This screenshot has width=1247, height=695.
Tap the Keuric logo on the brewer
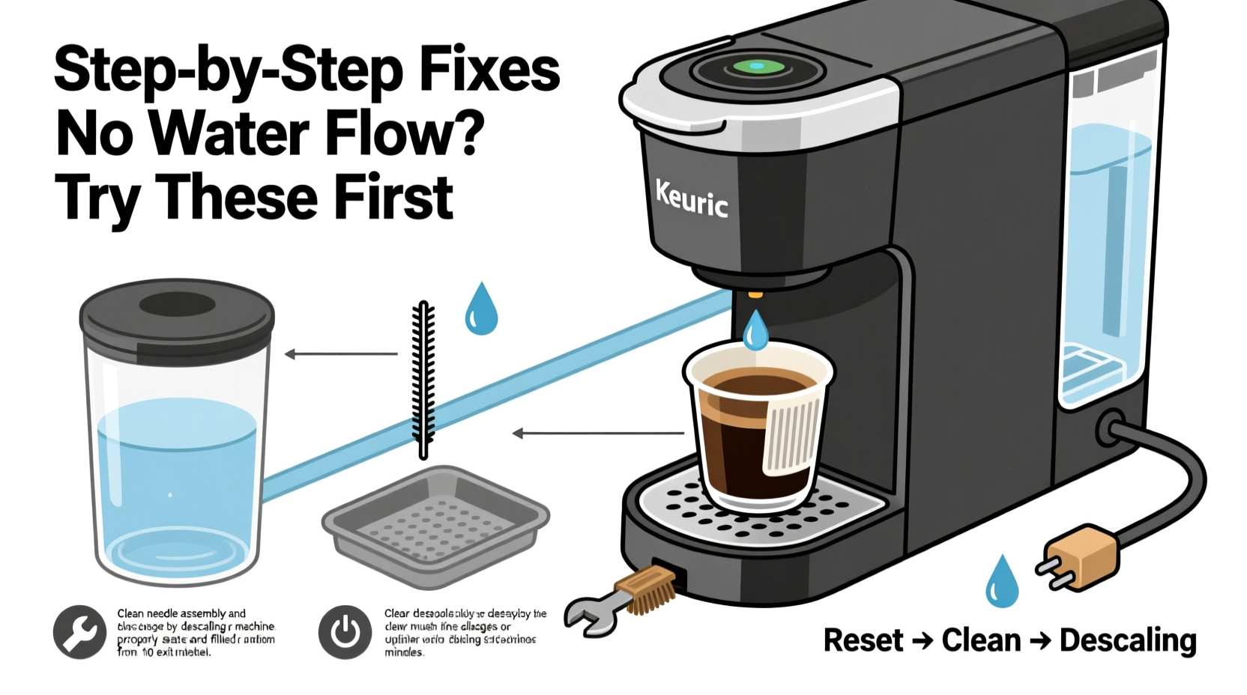pyautogui.click(x=691, y=198)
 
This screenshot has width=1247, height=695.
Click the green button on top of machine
pyautogui.click(x=757, y=67)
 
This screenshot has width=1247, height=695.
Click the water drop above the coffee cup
pyautogui.click(x=755, y=330)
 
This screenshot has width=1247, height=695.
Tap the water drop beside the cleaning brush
pyautogui.click(x=481, y=309)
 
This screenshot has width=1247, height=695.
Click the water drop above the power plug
pyautogui.click(x=1002, y=582)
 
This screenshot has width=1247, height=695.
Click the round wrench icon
pyautogui.click(x=79, y=632)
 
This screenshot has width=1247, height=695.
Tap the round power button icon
pyautogui.click(x=345, y=632)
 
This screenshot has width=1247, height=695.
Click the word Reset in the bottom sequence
pyautogui.click(x=863, y=640)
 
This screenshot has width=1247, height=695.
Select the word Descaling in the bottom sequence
pyautogui.click(x=1128, y=640)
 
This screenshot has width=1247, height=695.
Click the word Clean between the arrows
pyautogui.click(x=981, y=640)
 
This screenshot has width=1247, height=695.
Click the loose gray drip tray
pyautogui.click(x=435, y=524)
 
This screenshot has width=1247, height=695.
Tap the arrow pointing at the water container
pyautogui.click(x=341, y=354)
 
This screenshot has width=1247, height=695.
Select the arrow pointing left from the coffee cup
pyautogui.click(x=597, y=433)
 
